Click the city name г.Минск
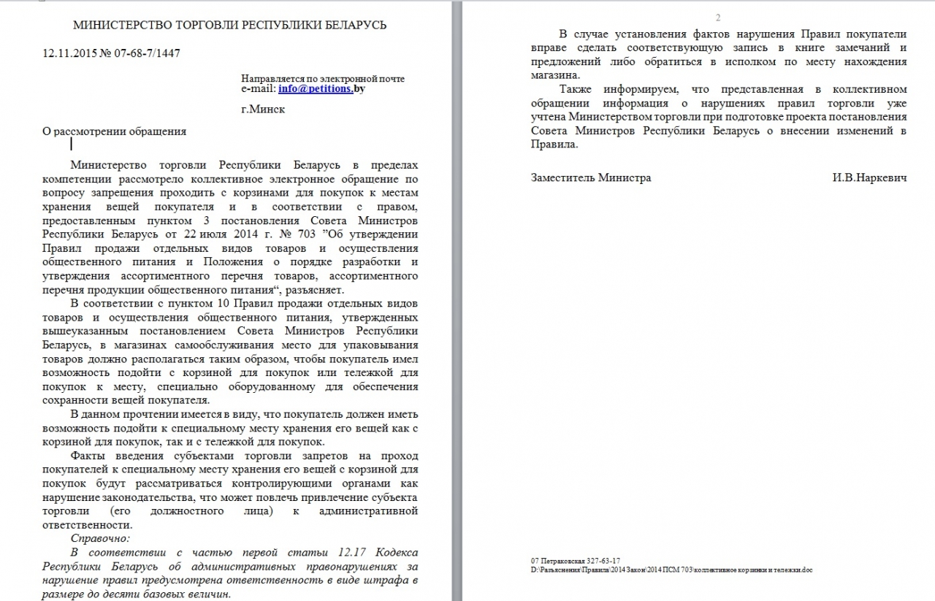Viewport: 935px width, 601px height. tap(263, 110)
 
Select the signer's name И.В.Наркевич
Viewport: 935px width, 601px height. tap(869, 177)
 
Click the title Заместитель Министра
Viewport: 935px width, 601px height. tap(591, 177)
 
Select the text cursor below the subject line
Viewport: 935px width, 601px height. tap(71, 144)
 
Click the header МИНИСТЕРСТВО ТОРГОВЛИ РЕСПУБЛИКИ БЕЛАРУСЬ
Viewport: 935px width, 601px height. tap(230, 26)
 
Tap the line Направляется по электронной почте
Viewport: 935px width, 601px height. tap(322, 78)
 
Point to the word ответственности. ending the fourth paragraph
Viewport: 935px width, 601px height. tap(88, 524)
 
